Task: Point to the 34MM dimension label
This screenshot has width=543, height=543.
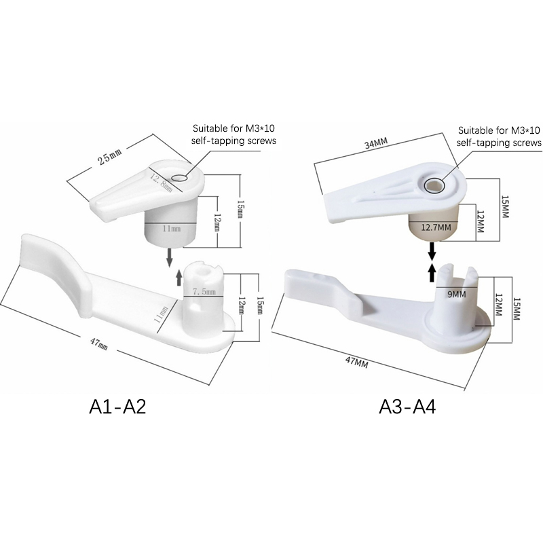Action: [x=376, y=146]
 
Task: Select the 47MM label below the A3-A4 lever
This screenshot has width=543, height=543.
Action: [x=356, y=363]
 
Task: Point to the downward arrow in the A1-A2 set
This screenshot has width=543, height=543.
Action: [x=169, y=256]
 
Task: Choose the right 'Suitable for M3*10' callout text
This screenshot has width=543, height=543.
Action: [x=499, y=136]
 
